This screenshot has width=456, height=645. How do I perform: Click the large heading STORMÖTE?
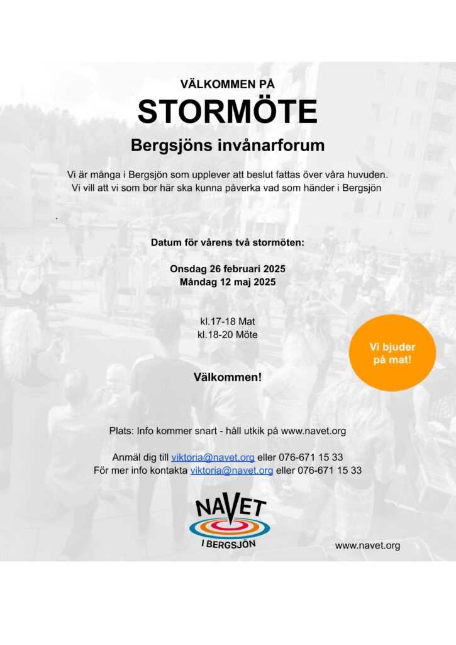pyautogui.click(x=228, y=111)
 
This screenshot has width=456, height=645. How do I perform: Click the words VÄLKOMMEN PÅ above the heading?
pyautogui.click(x=228, y=84)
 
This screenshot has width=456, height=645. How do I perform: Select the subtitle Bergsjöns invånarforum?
pyautogui.click(x=228, y=146)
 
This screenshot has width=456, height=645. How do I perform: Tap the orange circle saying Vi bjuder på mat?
pyautogui.click(x=392, y=353)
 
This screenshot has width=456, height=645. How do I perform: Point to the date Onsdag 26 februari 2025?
pyautogui.click(x=228, y=269)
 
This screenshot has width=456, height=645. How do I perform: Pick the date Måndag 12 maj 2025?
pyautogui.click(x=228, y=282)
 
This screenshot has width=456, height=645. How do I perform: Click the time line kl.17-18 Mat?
pyautogui.click(x=228, y=321)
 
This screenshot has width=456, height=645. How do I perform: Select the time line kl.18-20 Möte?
pyautogui.click(x=228, y=334)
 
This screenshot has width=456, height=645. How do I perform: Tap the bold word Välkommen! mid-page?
pyautogui.click(x=228, y=377)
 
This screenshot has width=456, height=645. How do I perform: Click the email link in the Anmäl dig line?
pyautogui.click(x=213, y=457)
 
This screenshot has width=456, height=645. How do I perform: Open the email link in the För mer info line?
pyautogui.click(x=231, y=471)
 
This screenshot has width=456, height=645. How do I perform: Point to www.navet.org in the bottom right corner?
pyautogui.click(x=367, y=545)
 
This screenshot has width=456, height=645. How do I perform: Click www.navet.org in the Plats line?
pyautogui.click(x=313, y=431)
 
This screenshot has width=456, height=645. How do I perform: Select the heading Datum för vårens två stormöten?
pyautogui.click(x=228, y=243)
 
